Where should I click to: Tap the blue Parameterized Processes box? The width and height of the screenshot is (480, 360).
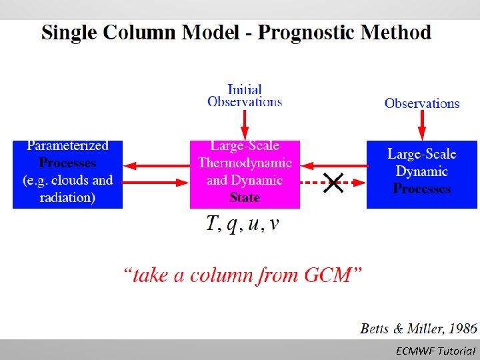67,174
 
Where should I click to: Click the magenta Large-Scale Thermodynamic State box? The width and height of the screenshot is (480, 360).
245,174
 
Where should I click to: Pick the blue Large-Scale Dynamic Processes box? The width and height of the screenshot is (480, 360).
422,174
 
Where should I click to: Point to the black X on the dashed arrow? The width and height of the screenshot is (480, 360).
333,182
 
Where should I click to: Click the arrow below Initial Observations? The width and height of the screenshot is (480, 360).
245,123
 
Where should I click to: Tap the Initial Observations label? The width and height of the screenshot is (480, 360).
245,95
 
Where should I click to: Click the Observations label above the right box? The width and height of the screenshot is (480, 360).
422,103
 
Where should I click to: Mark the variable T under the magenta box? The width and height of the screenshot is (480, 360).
213,225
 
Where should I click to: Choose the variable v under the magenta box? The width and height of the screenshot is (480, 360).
275,225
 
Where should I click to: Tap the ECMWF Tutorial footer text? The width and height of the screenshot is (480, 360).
435,351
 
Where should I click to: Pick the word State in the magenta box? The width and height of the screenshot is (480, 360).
245,197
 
